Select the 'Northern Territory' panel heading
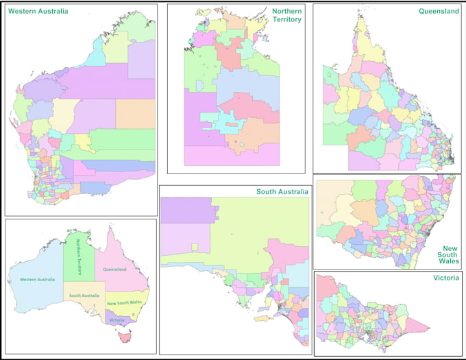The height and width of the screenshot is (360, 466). (x=286, y=15)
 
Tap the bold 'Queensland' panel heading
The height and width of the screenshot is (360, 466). (x=439, y=12)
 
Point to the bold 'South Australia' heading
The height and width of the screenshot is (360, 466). (x=282, y=191)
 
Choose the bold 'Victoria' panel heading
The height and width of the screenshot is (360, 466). (x=445, y=278)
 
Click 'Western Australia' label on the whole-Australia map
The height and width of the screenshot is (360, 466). (x=37, y=279)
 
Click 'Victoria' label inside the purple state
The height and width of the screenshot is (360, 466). (x=116, y=320)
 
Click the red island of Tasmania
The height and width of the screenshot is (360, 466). (x=124, y=337)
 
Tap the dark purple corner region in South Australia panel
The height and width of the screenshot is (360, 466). (x=184, y=209)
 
